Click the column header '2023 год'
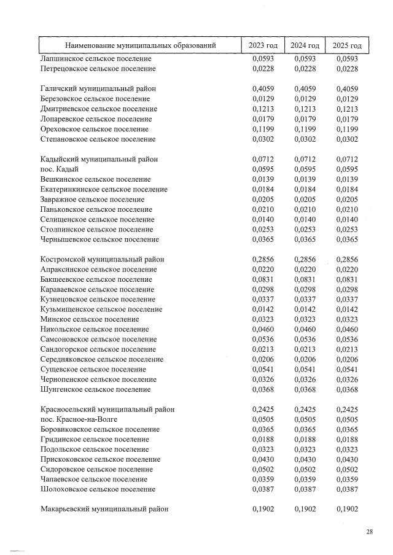(x=263, y=45)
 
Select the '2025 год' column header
(x=347, y=45)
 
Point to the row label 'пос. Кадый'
(x=60, y=169)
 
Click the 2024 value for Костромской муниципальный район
(x=305, y=260)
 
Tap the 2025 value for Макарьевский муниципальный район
(x=347, y=509)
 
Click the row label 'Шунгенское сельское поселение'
(x=95, y=389)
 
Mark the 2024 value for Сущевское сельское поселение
(x=305, y=370)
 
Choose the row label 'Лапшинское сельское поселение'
(x=96, y=59)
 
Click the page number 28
(x=370, y=532)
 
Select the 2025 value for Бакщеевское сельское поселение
(x=347, y=279)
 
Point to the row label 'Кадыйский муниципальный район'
(x=99, y=160)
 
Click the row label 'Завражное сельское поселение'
(x=92, y=200)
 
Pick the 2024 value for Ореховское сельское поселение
(x=305, y=130)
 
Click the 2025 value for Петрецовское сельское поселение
(x=347, y=69)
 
